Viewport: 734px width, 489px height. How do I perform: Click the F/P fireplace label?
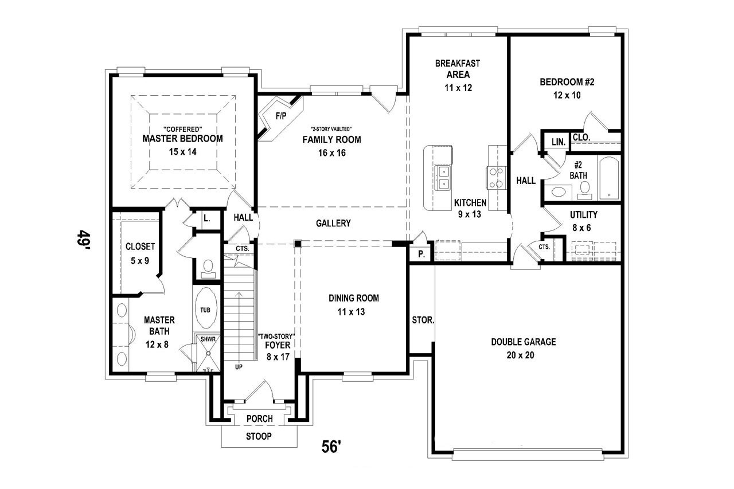[x=281, y=116]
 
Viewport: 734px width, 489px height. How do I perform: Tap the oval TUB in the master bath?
[x=205, y=309]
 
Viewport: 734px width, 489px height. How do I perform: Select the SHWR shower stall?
[x=208, y=339]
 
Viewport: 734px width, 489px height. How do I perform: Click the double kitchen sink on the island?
[x=443, y=177]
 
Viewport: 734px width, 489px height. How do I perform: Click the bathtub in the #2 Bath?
[x=610, y=178]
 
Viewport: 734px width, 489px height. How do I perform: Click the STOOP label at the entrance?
[x=259, y=437]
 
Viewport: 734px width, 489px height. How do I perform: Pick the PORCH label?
[x=259, y=419]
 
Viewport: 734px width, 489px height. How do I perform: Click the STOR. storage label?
[x=423, y=320]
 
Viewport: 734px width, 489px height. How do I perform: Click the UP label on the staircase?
[x=237, y=365]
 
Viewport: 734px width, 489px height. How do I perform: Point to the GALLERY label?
[x=333, y=223]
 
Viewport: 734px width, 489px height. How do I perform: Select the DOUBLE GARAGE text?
[x=523, y=342]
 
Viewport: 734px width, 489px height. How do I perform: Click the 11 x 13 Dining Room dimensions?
[x=352, y=312]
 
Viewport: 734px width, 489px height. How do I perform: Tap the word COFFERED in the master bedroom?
[x=182, y=129]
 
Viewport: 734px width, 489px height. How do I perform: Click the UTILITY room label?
[x=583, y=215]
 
